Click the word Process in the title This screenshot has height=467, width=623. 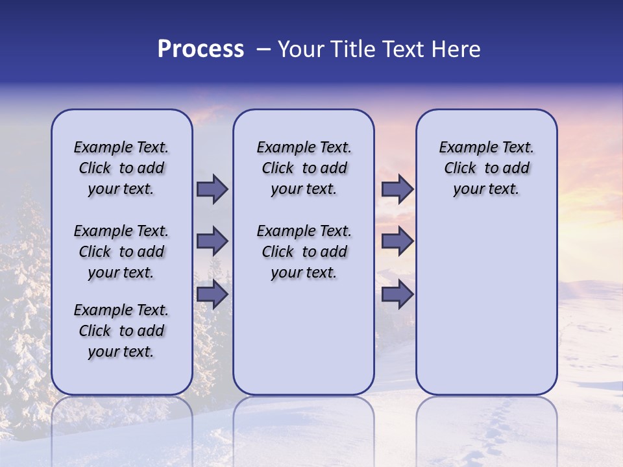(x=201, y=49)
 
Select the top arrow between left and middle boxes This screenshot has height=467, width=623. (x=212, y=189)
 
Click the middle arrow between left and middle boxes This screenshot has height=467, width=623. (x=212, y=241)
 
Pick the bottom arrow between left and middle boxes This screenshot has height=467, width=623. (x=212, y=294)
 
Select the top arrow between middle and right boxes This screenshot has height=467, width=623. (x=397, y=189)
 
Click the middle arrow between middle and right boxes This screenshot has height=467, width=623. (x=397, y=241)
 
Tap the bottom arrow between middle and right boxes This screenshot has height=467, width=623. (x=397, y=294)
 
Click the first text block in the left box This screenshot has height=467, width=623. (x=121, y=168)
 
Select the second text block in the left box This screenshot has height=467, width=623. (x=121, y=252)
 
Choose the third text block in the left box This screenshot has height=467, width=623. (x=121, y=331)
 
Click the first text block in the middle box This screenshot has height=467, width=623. (x=304, y=168)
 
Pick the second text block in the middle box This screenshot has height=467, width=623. (x=304, y=252)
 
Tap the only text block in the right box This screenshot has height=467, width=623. (x=486, y=168)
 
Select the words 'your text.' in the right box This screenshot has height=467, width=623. (x=486, y=189)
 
